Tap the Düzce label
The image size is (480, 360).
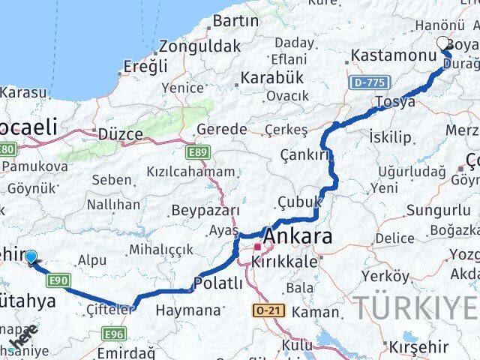click(120, 134)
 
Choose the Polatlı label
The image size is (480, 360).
click(218, 283)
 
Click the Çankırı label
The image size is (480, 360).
click(305, 155)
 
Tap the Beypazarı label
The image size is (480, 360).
click(205, 211)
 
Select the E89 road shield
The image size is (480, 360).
click(198, 153)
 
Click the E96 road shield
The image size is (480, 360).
click(113, 334)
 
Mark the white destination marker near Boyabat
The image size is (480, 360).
click(442, 43)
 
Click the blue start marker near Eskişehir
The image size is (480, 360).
click(31, 257)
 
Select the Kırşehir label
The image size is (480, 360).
click(418, 346)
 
